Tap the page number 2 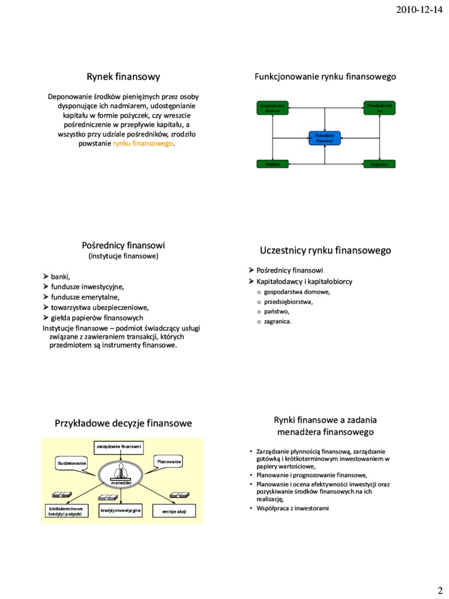[440, 590]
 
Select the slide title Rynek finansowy [123, 76]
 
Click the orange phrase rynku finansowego [144, 144]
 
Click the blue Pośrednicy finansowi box [325, 138]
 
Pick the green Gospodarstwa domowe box [273, 108]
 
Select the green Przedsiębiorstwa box [379, 108]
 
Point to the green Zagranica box [379, 164]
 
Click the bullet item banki [60, 276]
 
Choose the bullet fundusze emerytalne [85, 297]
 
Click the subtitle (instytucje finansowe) [123, 256]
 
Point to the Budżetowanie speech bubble [71, 462]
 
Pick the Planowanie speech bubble [169, 461]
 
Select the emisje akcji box [174, 511]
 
